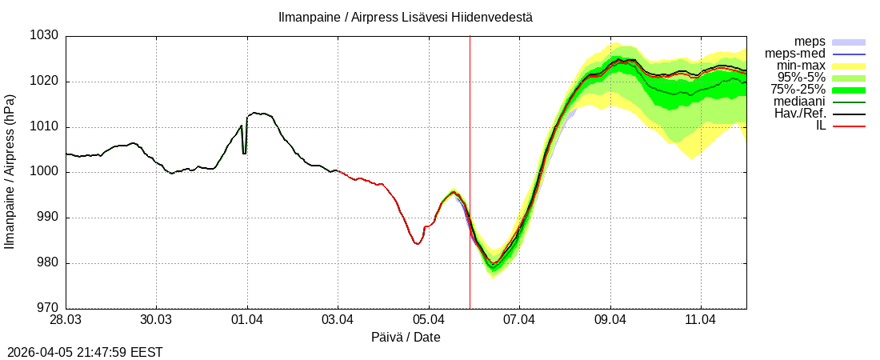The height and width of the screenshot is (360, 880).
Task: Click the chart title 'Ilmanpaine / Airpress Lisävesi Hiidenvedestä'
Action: pos(405,17)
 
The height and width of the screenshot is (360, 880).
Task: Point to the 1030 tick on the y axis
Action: pos(45,36)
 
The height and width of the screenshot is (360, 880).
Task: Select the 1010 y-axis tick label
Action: pos(45,127)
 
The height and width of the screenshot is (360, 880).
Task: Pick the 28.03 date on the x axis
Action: pos(66,319)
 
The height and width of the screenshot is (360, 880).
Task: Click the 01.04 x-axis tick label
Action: pos(247,319)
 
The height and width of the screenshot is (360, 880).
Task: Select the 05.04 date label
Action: pos(429,319)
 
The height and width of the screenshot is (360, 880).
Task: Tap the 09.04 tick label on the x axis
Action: pos(610,319)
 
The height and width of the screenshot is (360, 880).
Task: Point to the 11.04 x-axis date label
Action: pos(701,319)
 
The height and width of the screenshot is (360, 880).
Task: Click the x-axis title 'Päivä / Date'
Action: pos(406,337)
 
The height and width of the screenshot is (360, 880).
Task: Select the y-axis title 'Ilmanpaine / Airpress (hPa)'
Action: pos(10,171)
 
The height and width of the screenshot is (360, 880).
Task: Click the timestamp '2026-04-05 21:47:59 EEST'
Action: pos(85,352)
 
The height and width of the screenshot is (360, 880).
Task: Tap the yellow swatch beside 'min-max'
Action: pos(849,66)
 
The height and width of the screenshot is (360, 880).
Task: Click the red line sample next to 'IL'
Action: pos(849,126)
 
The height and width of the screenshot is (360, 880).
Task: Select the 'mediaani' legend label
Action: pos(799,102)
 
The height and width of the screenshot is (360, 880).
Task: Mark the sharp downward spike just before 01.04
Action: pos(244,152)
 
